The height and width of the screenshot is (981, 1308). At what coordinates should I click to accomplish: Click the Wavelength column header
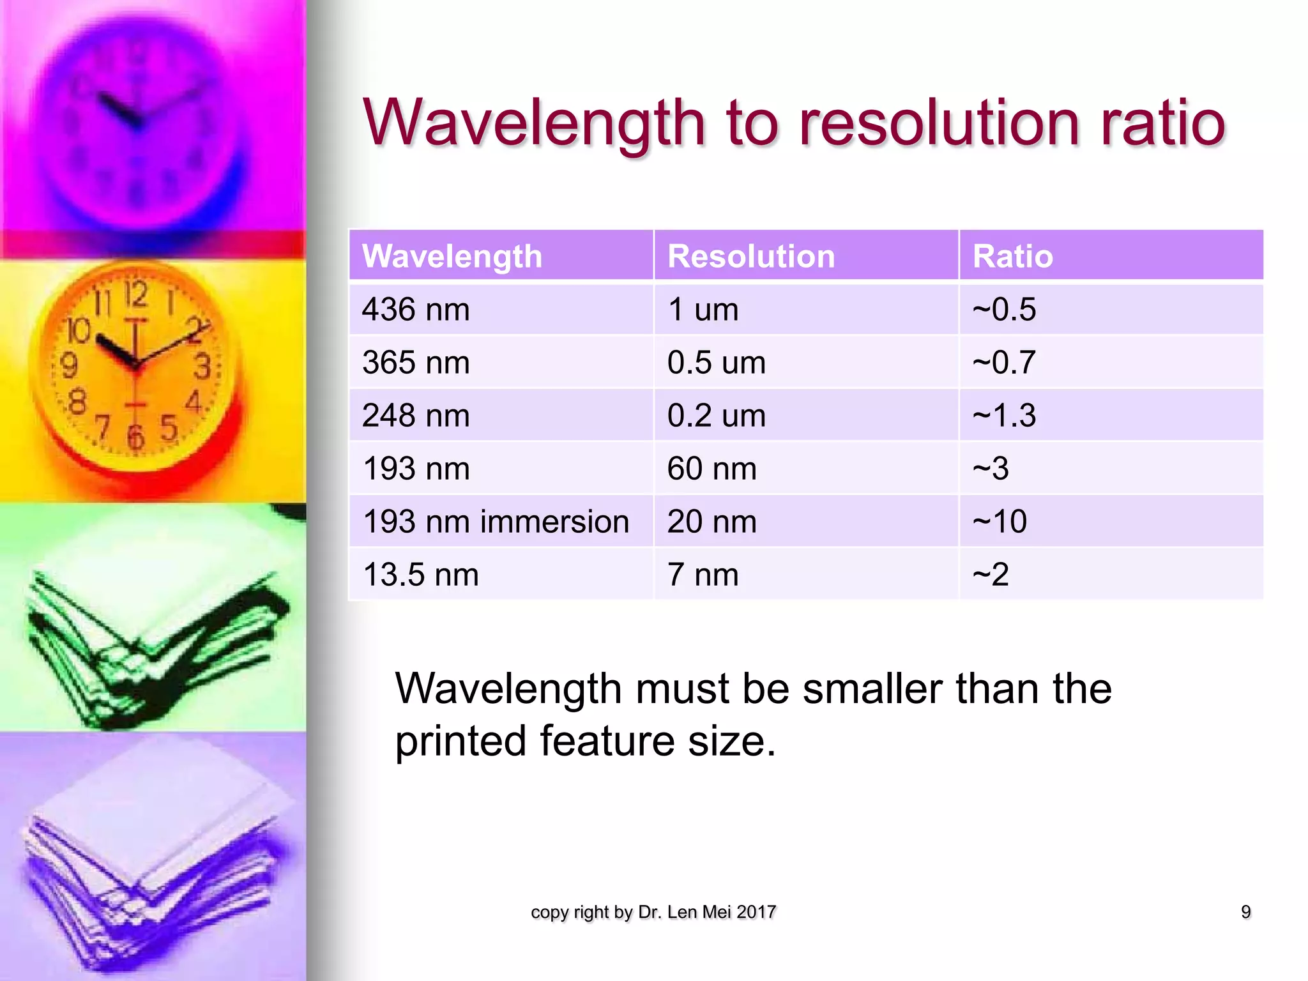pos(452,257)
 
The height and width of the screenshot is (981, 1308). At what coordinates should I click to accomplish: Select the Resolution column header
pos(750,257)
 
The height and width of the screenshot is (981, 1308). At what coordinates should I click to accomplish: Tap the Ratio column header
pos(1012,257)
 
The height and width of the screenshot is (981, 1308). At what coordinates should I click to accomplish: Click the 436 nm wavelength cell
pos(416,310)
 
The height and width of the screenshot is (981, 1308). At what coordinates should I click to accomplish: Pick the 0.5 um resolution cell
pos(716,363)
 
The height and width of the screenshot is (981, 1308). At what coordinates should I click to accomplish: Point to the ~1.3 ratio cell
pos(1004,416)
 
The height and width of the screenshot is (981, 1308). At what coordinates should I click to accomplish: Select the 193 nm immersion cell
pos(496,522)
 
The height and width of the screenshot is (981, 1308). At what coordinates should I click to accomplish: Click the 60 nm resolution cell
pos(711,469)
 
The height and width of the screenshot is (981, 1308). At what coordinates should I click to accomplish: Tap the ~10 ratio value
pos(1000,522)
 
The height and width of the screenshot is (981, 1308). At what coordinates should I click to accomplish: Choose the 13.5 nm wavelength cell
pos(420,575)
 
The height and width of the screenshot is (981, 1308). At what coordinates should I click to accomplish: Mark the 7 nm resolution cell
pos(703,575)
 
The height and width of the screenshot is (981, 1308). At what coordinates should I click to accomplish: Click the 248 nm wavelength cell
pos(416,416)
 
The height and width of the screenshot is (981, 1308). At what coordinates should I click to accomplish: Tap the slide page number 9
pos(1245,912)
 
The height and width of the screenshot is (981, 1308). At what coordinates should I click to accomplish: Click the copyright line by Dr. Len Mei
pos(653,912)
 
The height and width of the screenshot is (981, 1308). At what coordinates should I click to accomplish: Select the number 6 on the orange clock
pos(135,437)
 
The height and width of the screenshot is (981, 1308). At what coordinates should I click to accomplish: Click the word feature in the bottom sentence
pos(607,741)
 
